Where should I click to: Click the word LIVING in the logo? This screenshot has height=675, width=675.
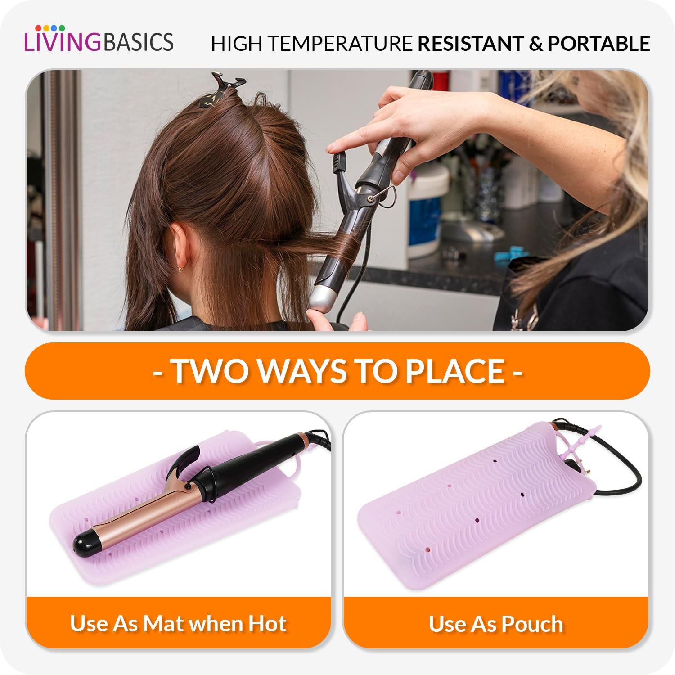pos(63,41)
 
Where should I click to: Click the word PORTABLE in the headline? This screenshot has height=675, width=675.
pos(599,44)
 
